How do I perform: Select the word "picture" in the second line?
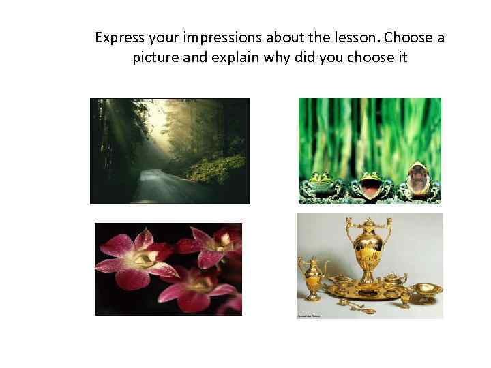(156, 57)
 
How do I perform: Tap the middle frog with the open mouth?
(369, 182)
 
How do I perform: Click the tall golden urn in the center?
(371, 252)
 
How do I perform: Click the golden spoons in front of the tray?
(359, 309)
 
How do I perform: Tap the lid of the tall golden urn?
(371, 225)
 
